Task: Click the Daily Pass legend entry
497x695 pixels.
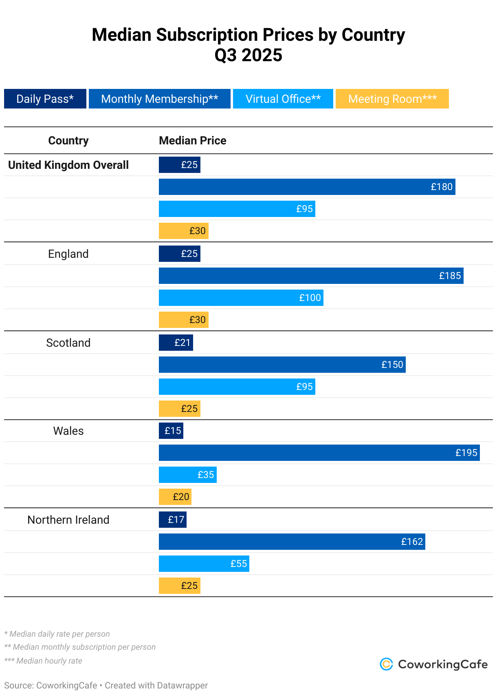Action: click(45, 99)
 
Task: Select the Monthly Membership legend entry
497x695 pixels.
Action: click(160, 99)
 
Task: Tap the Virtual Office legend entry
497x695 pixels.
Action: click(283, 99)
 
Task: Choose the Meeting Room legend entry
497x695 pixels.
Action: click(392, 99)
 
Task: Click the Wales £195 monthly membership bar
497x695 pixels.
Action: click(319, 453)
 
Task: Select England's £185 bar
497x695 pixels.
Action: click(311, 276)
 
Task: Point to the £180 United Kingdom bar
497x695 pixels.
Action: click(307, 187)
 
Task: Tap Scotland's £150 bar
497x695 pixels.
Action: click(282, 365)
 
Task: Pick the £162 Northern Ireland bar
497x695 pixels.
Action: click(292, 542)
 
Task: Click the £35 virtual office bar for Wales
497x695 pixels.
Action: click(187, 475)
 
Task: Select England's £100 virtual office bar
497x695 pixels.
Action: click(241, 298)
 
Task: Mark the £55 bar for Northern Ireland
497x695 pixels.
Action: click(204, 564)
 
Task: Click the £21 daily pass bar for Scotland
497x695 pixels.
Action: click(176, 343)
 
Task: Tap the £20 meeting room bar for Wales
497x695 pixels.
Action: click(175, 497)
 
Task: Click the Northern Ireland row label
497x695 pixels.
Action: click(68, 520)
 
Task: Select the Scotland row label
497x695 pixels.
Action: click(68, 343)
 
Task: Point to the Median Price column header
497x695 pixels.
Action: click(192, 140)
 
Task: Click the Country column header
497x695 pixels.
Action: click(68, 140)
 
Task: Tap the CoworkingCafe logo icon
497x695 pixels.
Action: click(386, 664)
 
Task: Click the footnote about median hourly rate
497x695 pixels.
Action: click(43, 661)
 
